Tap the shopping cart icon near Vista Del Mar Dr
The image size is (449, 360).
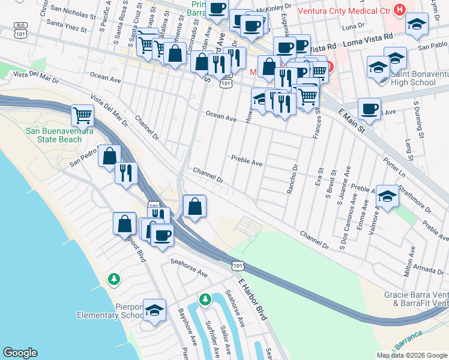click(82, 115)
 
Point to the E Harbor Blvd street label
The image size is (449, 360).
click(252, 299)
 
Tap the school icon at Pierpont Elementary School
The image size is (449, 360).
click(155, 310)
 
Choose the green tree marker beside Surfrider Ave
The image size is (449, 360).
click(205, 299)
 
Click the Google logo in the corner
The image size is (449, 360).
click(20, 353)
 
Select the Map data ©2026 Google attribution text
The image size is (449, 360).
click(412, 355)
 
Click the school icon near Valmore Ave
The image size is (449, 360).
click(387, 196)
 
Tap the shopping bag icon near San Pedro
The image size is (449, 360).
click(109, 157)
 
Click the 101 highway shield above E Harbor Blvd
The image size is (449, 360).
click(238, 265)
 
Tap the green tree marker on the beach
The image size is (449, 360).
click(113, 279)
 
